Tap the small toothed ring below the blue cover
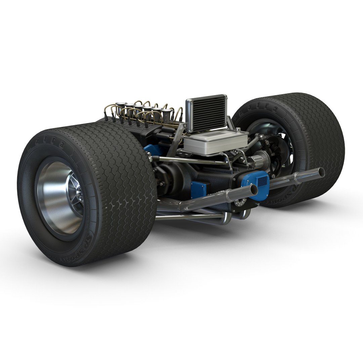click(x=239, y=203)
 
